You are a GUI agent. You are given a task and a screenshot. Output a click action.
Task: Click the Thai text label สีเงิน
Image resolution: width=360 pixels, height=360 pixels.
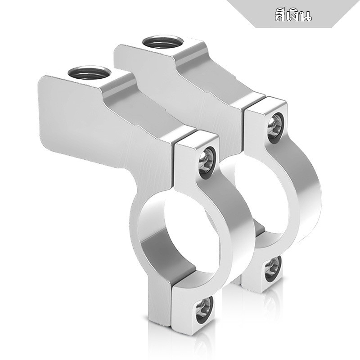(293, 15)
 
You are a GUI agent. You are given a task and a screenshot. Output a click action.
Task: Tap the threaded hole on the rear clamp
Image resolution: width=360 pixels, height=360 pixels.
(163, 42)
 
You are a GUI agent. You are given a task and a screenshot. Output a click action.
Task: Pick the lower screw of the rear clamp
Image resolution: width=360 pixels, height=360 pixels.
(273, 269)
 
